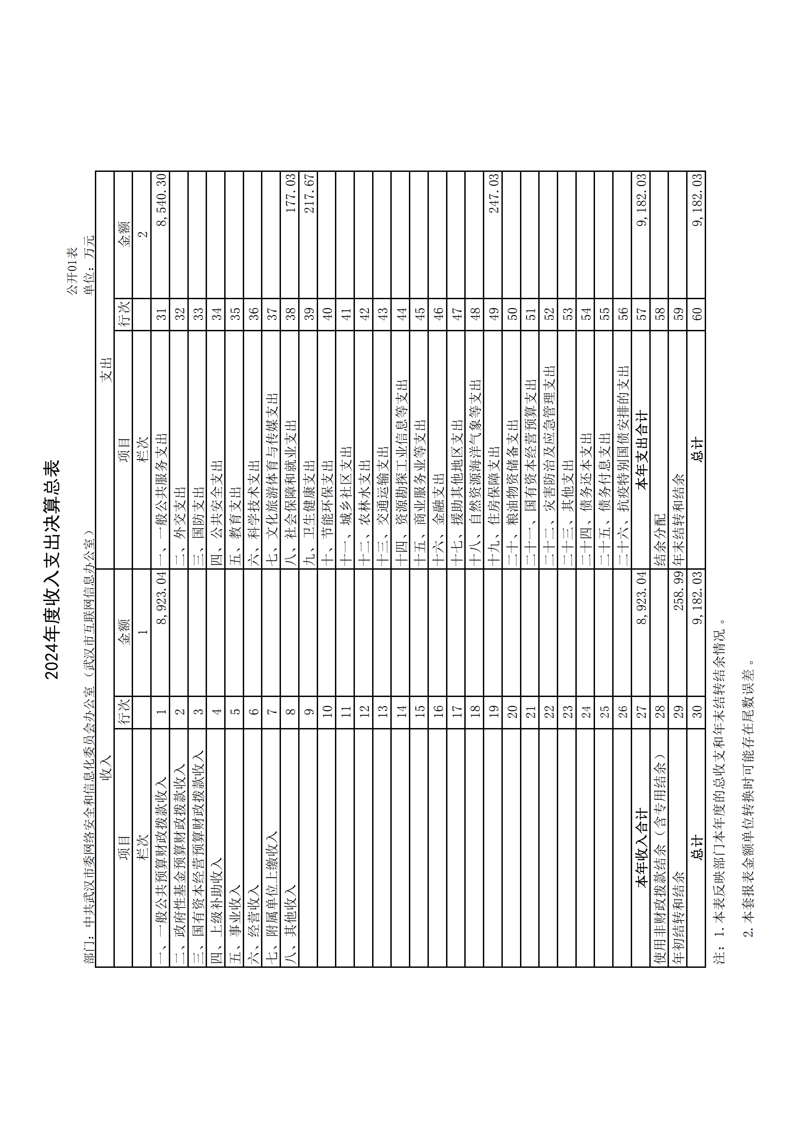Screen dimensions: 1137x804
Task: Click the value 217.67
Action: (x=309, y=193)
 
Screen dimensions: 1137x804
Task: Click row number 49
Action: (x=494, y=313)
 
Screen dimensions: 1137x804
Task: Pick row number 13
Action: (x=383, y=711)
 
